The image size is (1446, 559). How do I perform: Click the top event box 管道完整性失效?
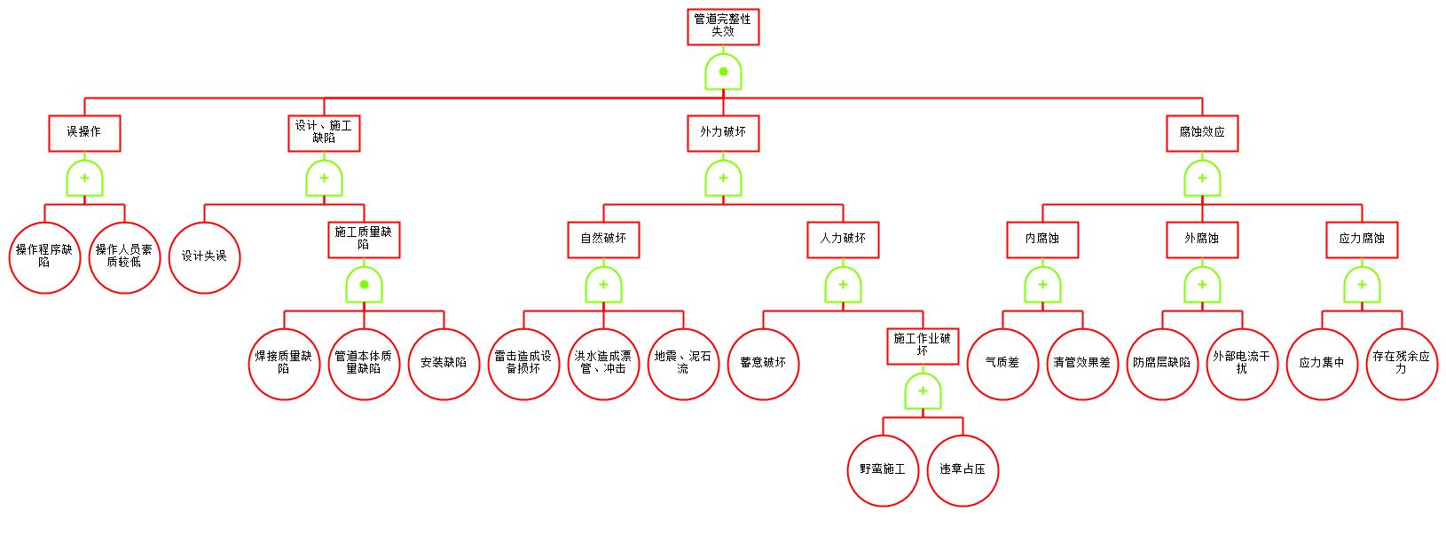pyautogui.click(x=723, y=26)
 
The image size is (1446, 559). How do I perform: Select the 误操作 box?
pyautogui.click(x=84, y=132)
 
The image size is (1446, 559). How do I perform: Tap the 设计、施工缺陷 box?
pyautogui.click(x=324, y=132)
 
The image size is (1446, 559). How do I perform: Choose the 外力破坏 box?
pyautogui.click(x=723, y=132)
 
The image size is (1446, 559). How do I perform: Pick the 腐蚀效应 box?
pyautogui.click(x=1202, y=132)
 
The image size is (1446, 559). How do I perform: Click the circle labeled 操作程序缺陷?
pyautogui.click(x=44, y=256)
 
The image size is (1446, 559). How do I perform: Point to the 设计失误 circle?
pyautogui.click(x=204, y=256)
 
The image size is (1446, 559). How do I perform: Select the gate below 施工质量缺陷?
pyautogui.click(x=364, y=285)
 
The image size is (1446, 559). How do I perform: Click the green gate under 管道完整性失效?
pyautogui.click(x=723, y=72)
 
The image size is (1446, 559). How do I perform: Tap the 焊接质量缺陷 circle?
pyautogui.click(x=284, y=363)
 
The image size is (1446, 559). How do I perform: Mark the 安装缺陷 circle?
pyautogui.click(x=444, y=363)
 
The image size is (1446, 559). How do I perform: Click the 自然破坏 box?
pyautogui.click(x=603, y=239)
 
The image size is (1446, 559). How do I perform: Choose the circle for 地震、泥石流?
pyautogui.click(x=683, y=363)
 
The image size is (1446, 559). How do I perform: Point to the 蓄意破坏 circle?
pyautogui.click(x=763, y=363)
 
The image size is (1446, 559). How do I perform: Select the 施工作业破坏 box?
pyautogui.click(x=923, y=345)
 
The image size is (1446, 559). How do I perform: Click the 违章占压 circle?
pyautogui.click(x=963, y=469)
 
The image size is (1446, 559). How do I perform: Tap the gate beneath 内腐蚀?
pyautogui.click(x=1042, y=285)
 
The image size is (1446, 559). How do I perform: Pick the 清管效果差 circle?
pyautogui.click(x=1082, y=363)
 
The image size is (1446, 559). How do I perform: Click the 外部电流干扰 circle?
pyautogui.click(x=1242, y=363)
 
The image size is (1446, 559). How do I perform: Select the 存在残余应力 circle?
pyautogui.click(x=1402, y=363)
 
